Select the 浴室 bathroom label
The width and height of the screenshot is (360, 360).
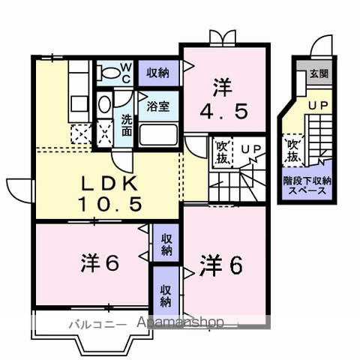[157, 106]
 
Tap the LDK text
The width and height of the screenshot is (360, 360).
[109, 184]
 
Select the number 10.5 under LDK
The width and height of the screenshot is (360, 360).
[109, 204]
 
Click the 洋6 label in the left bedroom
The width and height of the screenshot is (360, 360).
[100, 263]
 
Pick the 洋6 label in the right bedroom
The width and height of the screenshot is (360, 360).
[222, 265]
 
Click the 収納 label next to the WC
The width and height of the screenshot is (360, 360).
[157, 73]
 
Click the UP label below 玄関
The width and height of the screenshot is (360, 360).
[318, 106]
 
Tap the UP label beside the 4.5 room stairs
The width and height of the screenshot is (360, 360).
[250, 148]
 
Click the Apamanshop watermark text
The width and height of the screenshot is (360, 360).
[181, 323]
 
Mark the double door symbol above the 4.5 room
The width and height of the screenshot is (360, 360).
[223, 37]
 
